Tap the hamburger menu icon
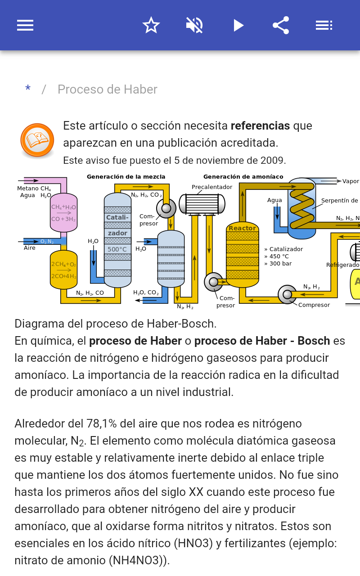click(25, 25)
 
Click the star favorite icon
click(151, 25)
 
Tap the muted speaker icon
click(194, 25)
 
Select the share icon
click(281, 25)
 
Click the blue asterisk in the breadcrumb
click(28, 89)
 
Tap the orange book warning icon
click(37, 140)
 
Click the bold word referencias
click(260, 126)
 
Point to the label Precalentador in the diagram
click(212, 187)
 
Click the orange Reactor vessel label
click(242, 228)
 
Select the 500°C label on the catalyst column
click(117, 249)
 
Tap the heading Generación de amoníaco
click(243, 177)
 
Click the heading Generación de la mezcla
click(126, 177)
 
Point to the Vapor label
click(351, 181)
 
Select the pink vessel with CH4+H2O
click(63, 212)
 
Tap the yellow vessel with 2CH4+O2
click(63, 270)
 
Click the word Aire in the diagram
click(30, 248)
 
